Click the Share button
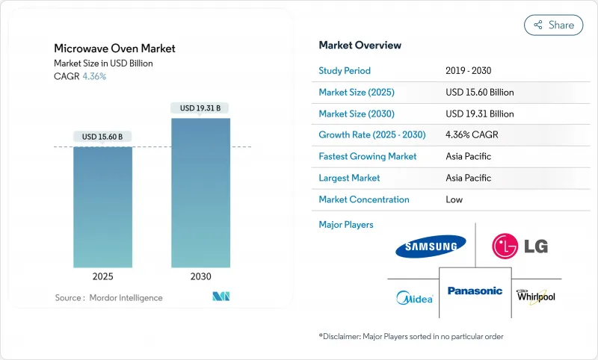(x=553, y=25)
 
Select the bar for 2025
(x=103, y=207)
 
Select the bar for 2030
(x=200, y=193)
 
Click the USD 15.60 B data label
(x=103, y=137)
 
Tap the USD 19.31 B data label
(x=200, y=108)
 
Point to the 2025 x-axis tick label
(x=103, y=276)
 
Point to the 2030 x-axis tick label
(x=200, y=276)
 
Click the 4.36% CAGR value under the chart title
(x=93, y=76)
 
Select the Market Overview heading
(x=360, y=46)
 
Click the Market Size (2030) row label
(x=357, y=114)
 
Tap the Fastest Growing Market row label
(x=367, y=157)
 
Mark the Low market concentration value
(x=454, y=199)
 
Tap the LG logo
(x=516, y=246)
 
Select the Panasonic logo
(x=475, y=291)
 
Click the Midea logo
(x=414, y=298)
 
